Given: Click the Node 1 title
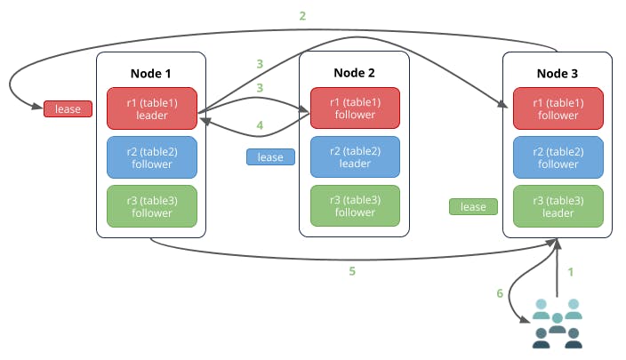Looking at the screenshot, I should click(151, 72).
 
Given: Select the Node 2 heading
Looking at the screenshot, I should click(354, 72).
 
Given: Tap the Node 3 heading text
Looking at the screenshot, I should click(558, 72).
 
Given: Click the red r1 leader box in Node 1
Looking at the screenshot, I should click(151, 108).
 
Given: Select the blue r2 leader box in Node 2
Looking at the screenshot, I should click(354, 157).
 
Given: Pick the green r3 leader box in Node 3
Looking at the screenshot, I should click(558, 206).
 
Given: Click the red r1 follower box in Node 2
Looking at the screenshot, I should click(354, 108).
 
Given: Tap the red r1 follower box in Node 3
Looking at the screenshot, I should click(558, 108).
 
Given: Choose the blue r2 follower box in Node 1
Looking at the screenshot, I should click(151, 157).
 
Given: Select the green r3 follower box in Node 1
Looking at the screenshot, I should click(151, 206).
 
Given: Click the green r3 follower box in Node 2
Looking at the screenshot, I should click(354, 206).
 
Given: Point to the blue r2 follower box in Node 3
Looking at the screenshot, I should click(558, 157).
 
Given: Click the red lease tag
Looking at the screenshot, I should click(68, 109).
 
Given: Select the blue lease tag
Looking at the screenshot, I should click(270, 157).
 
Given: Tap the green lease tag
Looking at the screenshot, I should click(473, 207).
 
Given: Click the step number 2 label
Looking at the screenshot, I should click(302, 16).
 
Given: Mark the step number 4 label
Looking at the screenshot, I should click(260, 126).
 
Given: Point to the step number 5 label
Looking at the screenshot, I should click(352, 271).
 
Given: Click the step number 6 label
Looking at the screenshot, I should click(499, 292).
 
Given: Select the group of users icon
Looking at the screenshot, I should click(557, 323).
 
